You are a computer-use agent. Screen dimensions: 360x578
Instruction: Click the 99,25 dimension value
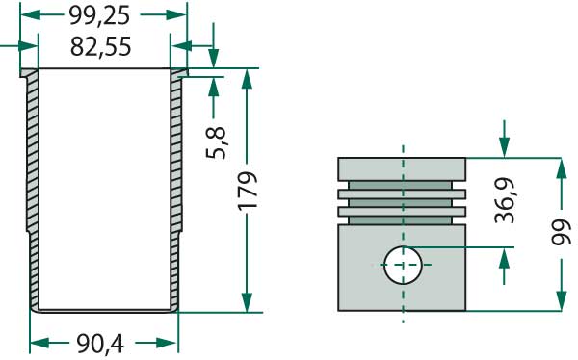pos(103,16)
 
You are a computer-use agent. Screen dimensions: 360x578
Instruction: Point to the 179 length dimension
pos(248,192)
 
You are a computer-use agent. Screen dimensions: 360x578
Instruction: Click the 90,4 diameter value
pos(103,342)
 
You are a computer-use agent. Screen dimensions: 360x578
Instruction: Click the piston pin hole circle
pos(402,264)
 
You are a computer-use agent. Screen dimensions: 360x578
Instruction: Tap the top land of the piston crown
pos(402,168)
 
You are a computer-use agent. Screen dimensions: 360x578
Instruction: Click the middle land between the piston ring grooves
pos(402,193)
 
